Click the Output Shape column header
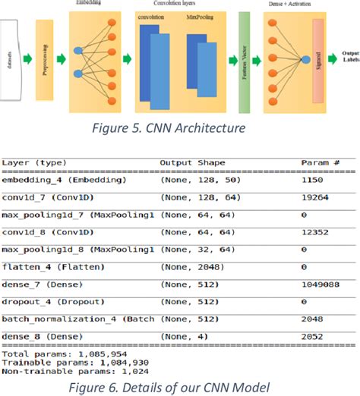pos(193,162)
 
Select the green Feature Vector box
pos(244,58)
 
